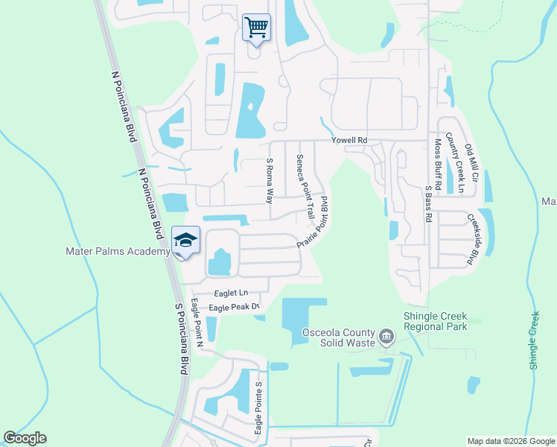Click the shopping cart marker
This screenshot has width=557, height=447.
[256, 28]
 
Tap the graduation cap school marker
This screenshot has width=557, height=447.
[185, 240]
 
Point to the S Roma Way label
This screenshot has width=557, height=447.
[270, 180]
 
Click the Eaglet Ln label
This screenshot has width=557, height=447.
[229, 294]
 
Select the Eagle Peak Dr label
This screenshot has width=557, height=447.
[233, 307]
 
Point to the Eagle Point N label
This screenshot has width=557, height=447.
[197, 323]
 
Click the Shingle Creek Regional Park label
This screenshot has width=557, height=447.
[435, 320]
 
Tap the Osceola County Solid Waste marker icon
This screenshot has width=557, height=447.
[386, 336]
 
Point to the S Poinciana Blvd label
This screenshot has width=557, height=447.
[179, 338]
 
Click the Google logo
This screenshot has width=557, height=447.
[25, 438]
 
